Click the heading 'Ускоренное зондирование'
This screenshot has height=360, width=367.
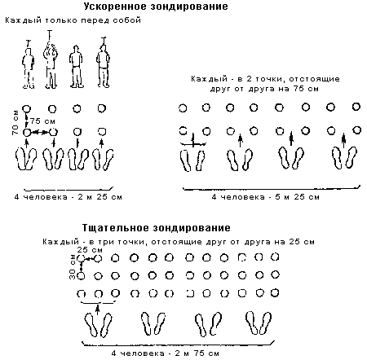click(156, 7)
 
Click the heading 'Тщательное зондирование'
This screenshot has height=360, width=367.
click(156, 228)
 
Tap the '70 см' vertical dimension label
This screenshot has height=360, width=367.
click(15, 122)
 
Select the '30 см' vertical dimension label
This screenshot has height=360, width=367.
click(73, 266)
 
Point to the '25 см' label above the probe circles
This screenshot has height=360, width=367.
click(90, 249)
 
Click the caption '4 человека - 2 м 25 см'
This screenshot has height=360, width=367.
click(68, 197)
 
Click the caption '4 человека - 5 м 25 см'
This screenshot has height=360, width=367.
click(265, 197)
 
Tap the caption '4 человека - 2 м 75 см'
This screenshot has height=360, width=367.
click(166, 353)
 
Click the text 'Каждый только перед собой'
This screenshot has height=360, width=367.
click(73, 20)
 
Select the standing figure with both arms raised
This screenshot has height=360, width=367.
click(51, 59)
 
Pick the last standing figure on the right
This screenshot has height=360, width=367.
click(103, 63)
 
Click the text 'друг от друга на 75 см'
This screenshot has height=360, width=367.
click(264, 89)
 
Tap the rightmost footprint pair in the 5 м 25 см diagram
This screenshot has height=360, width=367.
click(344, 158)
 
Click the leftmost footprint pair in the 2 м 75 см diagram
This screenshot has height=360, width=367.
click(98, 325)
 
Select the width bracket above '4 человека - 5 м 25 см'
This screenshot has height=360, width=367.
click(272, 188)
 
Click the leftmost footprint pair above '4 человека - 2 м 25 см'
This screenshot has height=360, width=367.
click(26, 159)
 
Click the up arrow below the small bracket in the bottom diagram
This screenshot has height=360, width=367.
click(98, 310)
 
